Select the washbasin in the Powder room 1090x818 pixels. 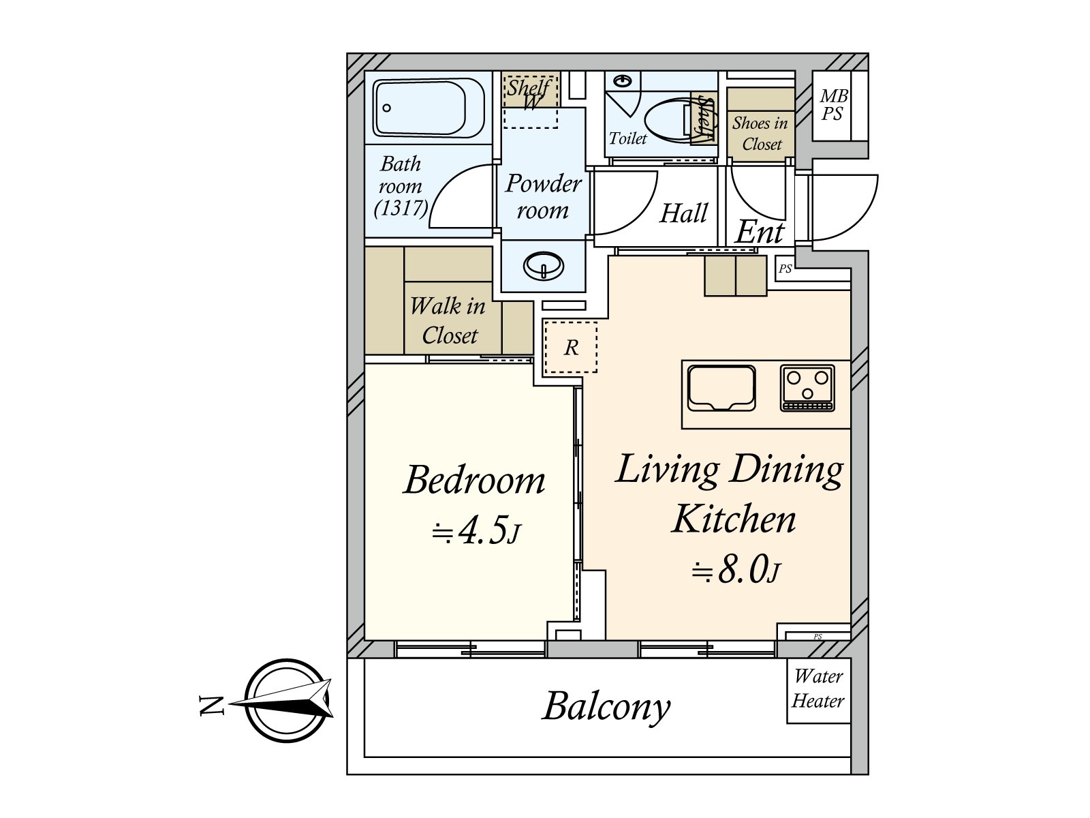[x=544, y=266]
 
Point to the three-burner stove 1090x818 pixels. [x=807, y=388]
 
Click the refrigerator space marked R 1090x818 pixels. [x=571, y=347]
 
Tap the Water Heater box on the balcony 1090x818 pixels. [x=818, y=691]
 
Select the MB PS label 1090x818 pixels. [x=833, y=105]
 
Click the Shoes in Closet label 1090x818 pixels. [x=760, y=133]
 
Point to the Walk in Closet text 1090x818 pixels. [x=448, y=320]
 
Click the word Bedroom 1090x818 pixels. [x=474, y=480]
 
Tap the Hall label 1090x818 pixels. [x=684, y=213]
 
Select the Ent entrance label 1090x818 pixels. [x=760, y=232]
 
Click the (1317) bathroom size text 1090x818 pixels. [x=401, y=208]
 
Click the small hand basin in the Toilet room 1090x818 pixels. [x=622, y=80]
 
